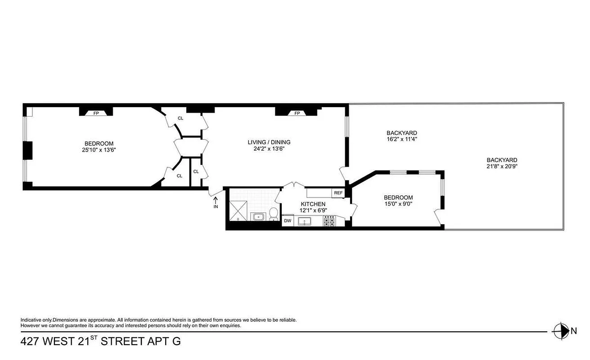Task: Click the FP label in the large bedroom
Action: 96,113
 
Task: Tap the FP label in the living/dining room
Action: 297,113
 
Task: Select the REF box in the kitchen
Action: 338,193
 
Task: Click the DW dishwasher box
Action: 287,221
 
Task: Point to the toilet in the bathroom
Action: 273,215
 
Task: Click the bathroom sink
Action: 259,217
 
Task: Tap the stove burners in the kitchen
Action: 329,221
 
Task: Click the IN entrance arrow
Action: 216,202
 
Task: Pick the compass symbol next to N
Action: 561,331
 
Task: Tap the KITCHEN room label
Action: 313,204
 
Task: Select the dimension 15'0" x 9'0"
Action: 398,203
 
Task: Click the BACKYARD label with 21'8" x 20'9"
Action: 502,160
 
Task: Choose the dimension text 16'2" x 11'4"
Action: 401,139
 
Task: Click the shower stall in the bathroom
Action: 239,211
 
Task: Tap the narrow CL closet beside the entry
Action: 196,171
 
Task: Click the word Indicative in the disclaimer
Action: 33,320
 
